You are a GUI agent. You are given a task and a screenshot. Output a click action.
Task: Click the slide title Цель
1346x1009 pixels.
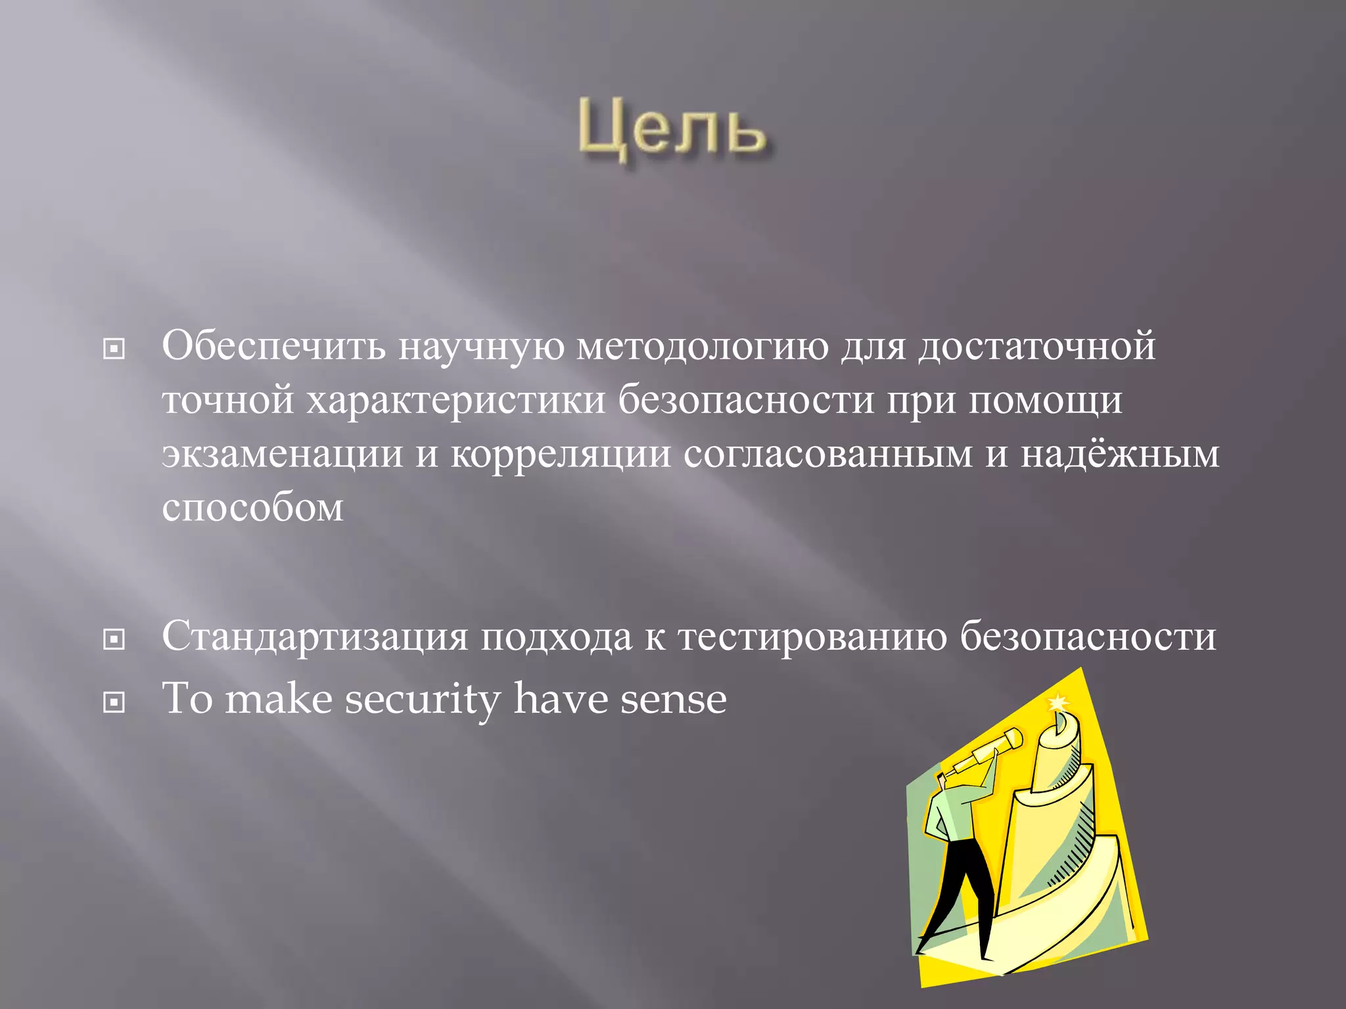point(672,131)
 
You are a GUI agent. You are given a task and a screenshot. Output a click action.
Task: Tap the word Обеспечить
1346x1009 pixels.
point(273,346)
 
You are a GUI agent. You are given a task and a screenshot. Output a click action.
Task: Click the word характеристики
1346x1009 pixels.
point(455,399)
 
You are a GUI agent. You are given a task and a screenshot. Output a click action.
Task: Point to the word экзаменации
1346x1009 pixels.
point(282,453)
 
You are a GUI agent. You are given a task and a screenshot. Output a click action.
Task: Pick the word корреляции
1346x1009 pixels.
point(561,455)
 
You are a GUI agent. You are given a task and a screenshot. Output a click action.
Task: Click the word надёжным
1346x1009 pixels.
point(1119,453)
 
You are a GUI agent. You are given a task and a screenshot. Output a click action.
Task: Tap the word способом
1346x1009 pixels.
point(252,507)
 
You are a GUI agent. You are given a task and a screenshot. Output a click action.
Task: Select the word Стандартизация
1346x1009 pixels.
point(315,636)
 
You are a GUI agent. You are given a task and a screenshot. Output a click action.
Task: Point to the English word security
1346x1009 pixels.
point(423,699)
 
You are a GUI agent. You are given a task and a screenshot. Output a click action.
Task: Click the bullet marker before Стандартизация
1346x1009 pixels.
point(114,639)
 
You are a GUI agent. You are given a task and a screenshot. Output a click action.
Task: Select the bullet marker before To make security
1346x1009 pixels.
point(114,703)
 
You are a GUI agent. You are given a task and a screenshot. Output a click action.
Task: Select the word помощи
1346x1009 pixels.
point(1045,399)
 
